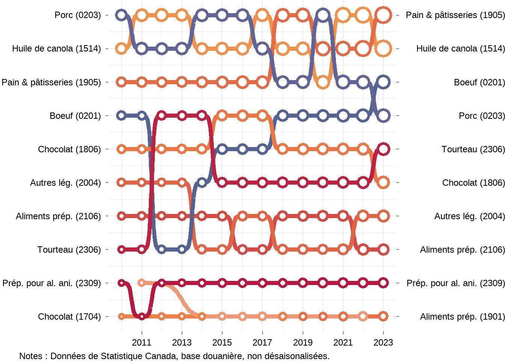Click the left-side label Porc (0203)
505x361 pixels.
[77, 15]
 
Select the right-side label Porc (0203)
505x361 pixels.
[481, 116]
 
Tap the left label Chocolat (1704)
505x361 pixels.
[69, 317]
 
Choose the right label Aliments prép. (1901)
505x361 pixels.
[462, 317]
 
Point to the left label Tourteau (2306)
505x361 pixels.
[69, 250]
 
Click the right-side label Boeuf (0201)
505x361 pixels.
[479, 82]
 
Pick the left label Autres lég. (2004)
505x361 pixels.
[65, 183]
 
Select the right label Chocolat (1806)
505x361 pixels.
[473, 183]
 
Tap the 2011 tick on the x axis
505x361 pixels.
[142, 343]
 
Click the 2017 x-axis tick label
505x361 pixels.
[262, 343]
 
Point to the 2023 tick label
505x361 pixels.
[383, 343]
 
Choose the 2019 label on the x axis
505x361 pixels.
[303, 343]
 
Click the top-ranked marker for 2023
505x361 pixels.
[383, 15]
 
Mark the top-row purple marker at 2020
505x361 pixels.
[323, 15]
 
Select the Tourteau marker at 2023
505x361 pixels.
[383, 149]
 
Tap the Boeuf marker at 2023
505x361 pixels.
[383, 82]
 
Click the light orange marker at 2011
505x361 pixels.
[142, 283]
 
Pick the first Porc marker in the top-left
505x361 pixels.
[121, 15]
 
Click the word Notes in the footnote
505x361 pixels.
[30, 356]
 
